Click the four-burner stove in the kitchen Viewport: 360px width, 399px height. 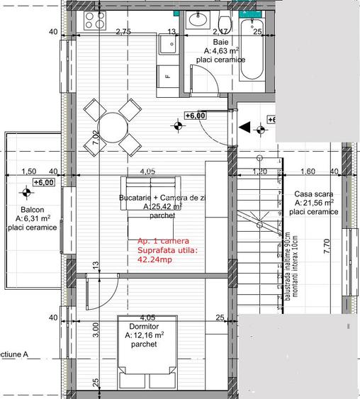94,21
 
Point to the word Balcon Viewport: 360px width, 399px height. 33,210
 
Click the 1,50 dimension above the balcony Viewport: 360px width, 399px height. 29,171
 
